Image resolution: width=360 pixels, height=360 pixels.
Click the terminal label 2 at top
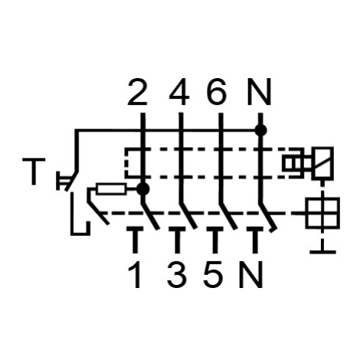(x=137, y=92)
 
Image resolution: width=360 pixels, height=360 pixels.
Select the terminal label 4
(x=179, y=92)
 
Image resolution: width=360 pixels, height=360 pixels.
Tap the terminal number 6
(x=218, y=92)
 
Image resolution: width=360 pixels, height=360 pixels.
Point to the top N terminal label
(x=259, y=92)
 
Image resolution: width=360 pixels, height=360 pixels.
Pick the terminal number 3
(x=177, y=275)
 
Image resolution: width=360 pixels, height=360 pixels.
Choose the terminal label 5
(x=213, y=275)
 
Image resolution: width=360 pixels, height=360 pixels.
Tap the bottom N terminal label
(x=251, y=275)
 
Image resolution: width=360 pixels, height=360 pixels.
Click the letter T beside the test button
(x=34, y=172)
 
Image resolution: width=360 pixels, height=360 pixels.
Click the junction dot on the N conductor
(x=260, y=130)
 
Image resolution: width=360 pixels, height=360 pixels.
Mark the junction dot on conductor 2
(x=143, y=189)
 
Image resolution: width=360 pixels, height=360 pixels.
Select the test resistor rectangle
(x=111, y=189)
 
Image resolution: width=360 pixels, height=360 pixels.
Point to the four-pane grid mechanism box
(x=323, y=212)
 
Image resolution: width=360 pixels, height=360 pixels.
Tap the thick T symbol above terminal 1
(x=135, y=240)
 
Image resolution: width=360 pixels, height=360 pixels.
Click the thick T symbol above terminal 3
(x=176, y=240)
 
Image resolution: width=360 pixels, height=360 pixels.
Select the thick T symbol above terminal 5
(x=215, y=240)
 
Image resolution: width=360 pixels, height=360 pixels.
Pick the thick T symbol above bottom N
(x=255, y=240)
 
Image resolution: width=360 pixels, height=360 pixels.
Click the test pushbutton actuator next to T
(x=62, y=181)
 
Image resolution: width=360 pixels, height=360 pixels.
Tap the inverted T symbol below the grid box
(x=323, y=247)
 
